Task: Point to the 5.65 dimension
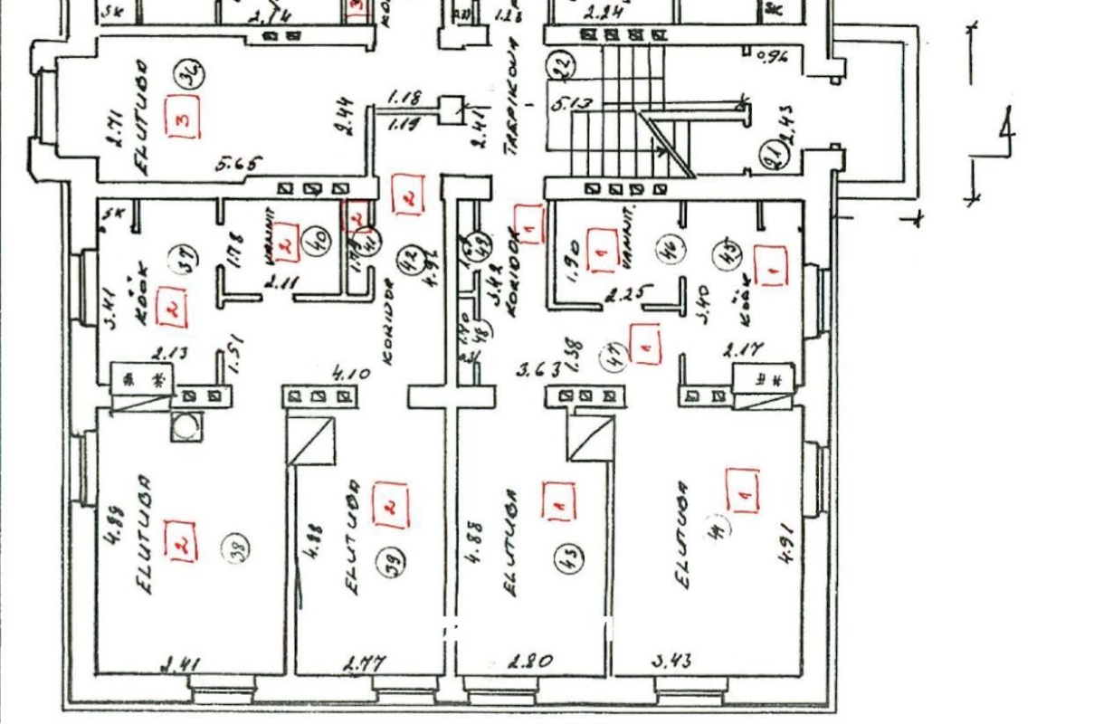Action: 238,165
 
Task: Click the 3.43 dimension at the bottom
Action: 671,661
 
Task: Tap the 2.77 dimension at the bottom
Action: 365,664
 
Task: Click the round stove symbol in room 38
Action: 187,426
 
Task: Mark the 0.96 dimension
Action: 771,56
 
